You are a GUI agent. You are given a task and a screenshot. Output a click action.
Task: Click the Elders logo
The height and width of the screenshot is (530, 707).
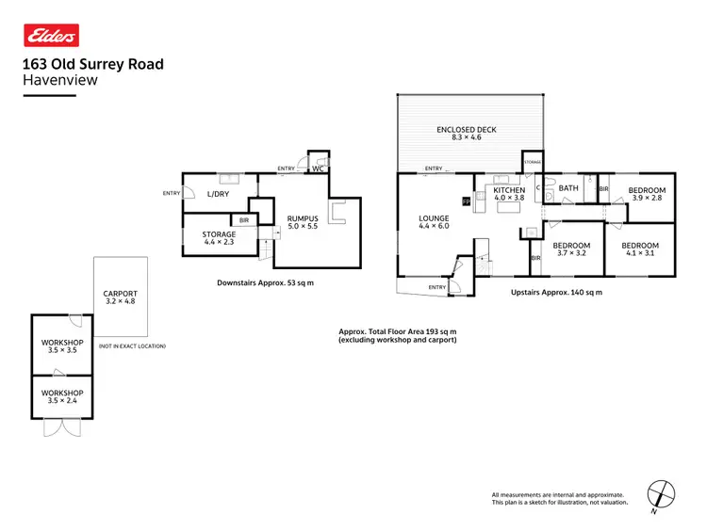pyautogui.click(x=50, y=35)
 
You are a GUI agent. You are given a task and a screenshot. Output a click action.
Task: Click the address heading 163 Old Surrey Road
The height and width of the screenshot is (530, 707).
pyautogui.click(x=92, y=64)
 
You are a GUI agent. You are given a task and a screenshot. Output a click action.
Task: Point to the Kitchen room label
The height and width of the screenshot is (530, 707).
pyautogui.click(x=509, y=194)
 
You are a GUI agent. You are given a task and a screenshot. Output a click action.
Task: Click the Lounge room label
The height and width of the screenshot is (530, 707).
pyautogui.click(x=435, y=222)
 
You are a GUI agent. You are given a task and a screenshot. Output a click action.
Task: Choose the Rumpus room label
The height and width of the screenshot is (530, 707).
pyautogui.click(x=304, y=222)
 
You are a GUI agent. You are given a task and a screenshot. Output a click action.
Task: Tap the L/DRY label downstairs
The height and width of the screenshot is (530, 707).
pyautogui.click(x=218, y=194)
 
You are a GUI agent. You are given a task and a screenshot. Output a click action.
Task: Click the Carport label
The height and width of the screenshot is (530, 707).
pyautogui.click(x=120, y=297)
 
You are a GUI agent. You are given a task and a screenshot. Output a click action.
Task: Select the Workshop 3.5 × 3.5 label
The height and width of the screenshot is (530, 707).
pyautogui.click(x=62, y=345)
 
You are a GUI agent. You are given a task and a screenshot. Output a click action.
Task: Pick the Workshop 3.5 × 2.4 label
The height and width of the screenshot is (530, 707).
pyautogui.click(x=62, y=396)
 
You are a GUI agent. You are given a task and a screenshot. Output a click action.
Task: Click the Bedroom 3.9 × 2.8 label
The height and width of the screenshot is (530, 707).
pyautogui.click(x=646, y=194)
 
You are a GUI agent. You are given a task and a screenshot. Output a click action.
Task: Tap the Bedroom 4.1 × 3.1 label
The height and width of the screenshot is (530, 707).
pyautogui.click(x=639, y=249)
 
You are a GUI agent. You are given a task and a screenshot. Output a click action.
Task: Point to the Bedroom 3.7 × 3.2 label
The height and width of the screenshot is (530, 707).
pyautogui.click(x=573, y=249)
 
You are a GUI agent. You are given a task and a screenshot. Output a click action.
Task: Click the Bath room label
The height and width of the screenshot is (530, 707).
pyautogui.click(x=568, y=188)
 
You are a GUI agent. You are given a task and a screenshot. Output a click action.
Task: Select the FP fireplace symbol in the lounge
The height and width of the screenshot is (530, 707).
pyautogui.click(x=466, y=201)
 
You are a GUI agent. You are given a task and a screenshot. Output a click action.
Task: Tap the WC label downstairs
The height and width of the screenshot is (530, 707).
pyautogui.click(x=319, y=169)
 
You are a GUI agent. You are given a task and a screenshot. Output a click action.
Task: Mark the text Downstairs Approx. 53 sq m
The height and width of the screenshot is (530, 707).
pyautogui.click(x=265, y=282)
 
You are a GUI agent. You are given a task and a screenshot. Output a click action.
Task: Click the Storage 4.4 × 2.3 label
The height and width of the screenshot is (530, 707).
pyautogui.click(x=219, y=238)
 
